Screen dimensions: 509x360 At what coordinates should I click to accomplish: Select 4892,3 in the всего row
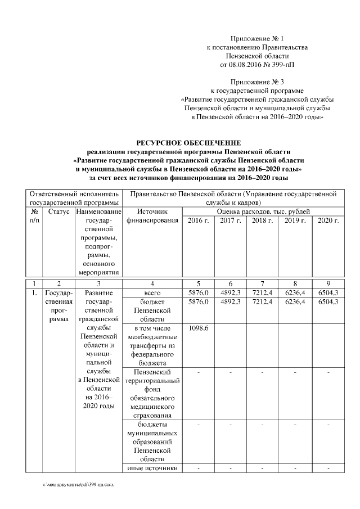[231, 293]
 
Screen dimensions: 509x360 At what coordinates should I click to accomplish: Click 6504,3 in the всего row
[328, 293]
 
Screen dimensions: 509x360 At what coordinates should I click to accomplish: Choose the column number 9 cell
[328, 283]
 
